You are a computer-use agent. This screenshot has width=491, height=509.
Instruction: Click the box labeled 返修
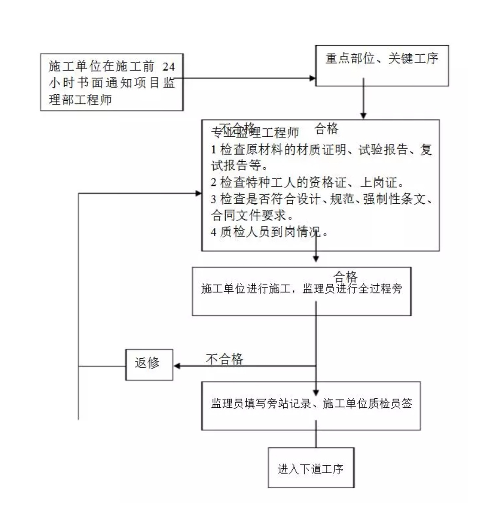(149, 365)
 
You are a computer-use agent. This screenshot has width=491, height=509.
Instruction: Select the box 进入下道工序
(311, 468)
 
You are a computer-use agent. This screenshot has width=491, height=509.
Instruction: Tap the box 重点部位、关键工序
(382, 59)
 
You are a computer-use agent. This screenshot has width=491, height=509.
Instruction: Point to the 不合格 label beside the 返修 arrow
(224, 359)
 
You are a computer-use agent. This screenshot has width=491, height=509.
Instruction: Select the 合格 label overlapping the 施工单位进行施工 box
(346, 276)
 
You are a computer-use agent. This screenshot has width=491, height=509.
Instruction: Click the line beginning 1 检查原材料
(321, 150)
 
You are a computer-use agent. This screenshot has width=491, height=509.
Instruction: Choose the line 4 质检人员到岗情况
(270, 231)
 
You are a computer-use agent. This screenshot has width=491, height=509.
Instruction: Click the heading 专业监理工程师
(255, 133)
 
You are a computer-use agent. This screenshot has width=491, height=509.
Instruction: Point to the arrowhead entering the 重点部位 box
(313, 78)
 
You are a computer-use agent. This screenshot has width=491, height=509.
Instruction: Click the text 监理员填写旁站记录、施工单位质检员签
(312, 404)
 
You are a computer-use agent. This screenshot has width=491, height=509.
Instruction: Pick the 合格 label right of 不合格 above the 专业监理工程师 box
(326, 129)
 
